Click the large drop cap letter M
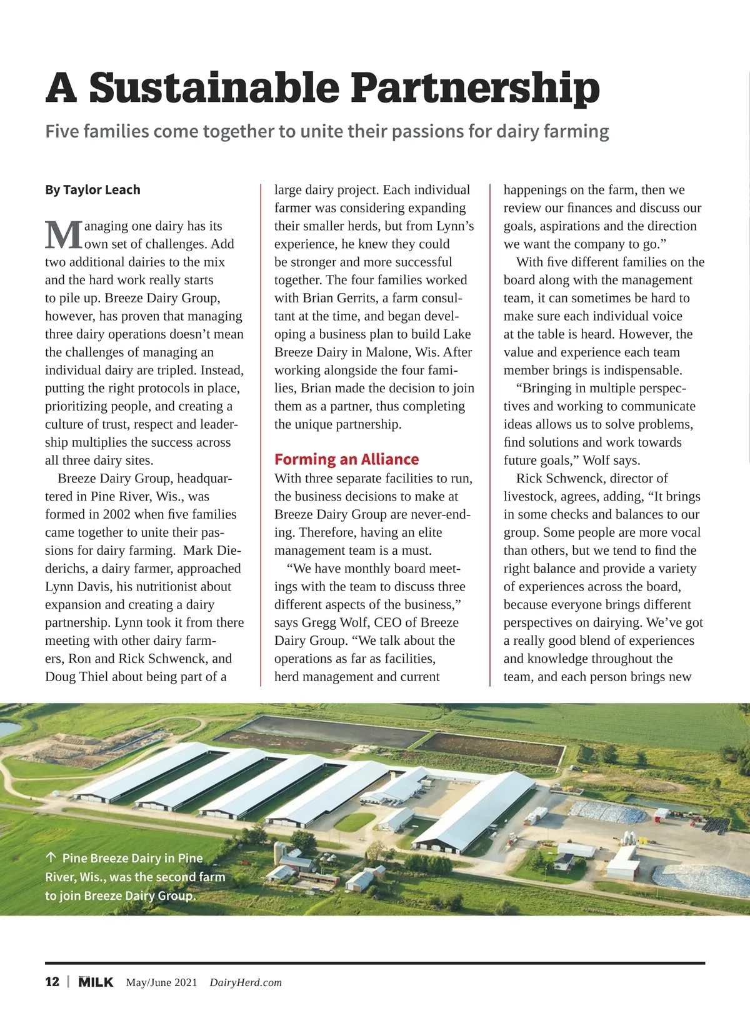click(x=64, y=235)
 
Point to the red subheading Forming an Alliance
click(x=346, y=459)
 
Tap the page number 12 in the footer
click(x=52, y=982)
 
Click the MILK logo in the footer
click(x=96, y=982)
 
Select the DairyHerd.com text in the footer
click(x=246, y=982)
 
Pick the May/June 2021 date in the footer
click(x=161, y=982)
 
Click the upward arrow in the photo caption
click(x=51, y=858)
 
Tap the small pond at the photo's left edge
click(x=9, y=729)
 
